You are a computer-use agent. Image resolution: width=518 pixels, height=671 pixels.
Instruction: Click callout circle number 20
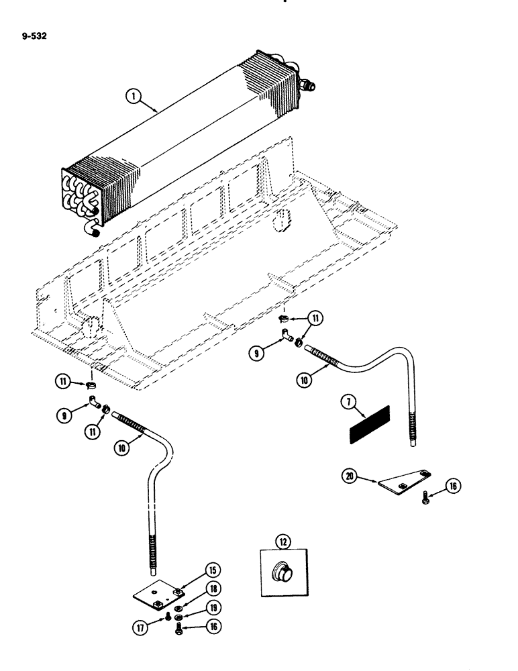pyautogui.click(x=346, y=477)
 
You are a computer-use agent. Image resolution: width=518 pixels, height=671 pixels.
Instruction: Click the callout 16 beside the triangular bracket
pyautogui.click(x=454, y=486)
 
